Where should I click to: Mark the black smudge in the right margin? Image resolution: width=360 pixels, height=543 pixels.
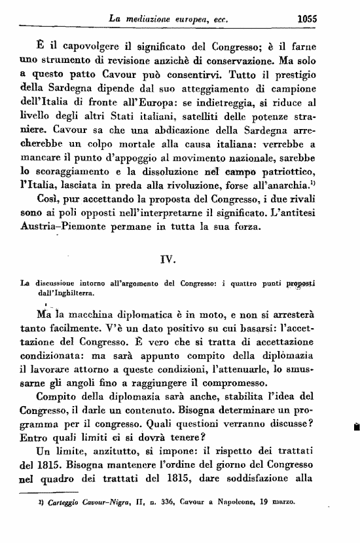coord(355,426)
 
